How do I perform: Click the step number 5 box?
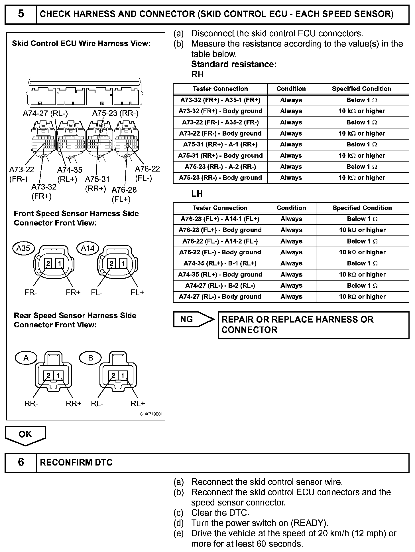(21, 14)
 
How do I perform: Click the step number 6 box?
(21, 462)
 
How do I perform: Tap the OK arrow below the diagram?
(25, 435)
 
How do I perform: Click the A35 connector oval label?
(23, 248)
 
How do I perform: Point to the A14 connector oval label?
(88, 248)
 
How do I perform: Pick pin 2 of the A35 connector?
(48, 263)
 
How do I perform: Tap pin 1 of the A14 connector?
(123, 263)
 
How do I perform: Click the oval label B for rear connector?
(90, 358)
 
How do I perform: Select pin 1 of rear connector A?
(58, 375)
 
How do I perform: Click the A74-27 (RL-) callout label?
(45, 114)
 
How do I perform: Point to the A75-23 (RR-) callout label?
(115, 114)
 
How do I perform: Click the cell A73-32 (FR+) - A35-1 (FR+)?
(220, 100)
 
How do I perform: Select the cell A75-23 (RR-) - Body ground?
(220, 178)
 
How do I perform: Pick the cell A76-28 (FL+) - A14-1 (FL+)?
(220, 219)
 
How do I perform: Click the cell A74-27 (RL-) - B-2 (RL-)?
(220, 286)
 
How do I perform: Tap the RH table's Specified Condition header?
(361, 89)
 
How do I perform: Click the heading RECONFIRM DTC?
(76, 462)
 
